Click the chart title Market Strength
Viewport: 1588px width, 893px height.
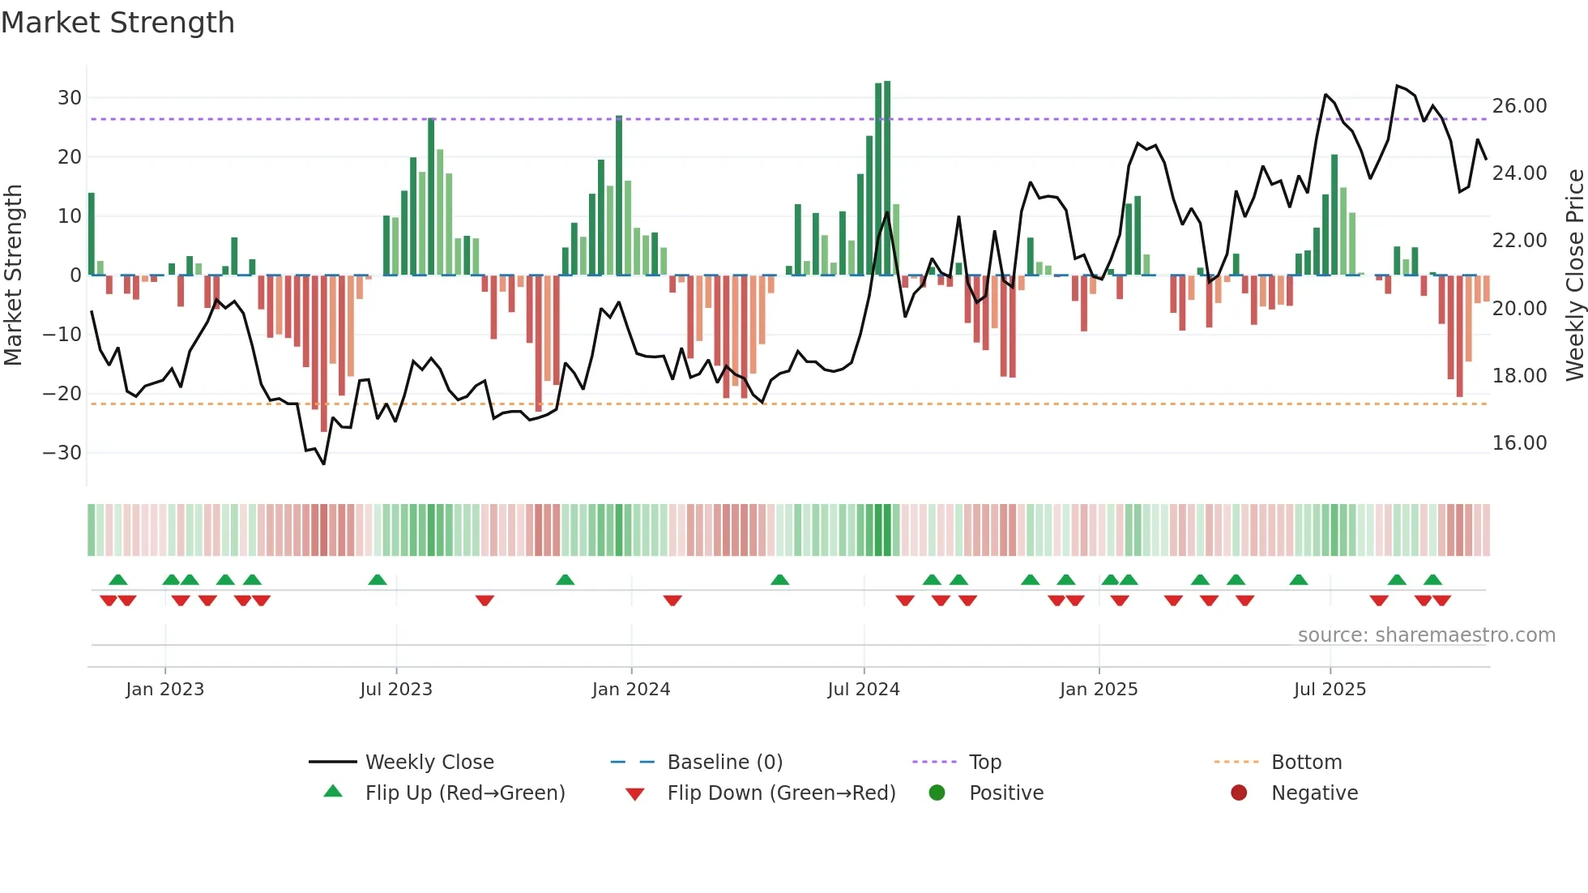click(118, 23)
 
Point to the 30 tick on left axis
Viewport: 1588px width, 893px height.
click(70, 98)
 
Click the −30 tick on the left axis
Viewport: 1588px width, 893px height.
click(62, 453)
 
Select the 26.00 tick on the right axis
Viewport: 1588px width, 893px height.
click(1519, 106)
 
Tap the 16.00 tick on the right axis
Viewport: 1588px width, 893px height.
click(1519, 443)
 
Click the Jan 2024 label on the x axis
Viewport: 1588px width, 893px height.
click(631, 690)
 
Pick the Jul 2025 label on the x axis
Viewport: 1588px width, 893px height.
click(1330, 690)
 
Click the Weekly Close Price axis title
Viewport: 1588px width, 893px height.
click(1574, 275)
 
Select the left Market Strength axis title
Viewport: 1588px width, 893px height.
click(13, 275)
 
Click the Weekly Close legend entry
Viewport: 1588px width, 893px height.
click(429, 763)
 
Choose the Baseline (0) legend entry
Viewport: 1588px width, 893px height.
click(724, 763)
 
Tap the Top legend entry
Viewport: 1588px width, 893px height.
click(985, 763)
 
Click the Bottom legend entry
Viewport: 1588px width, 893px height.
click(1306, 763)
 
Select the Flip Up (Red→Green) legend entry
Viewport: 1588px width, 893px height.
click(464, 793)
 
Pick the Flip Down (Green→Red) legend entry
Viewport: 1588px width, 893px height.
click(781, 793)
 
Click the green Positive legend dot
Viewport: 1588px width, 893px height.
click(937, 793)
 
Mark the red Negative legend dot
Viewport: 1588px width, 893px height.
click(1239, 793)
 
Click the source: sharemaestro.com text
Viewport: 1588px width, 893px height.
click(1426, 635)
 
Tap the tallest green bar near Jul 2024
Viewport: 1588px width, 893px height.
click(887, 178)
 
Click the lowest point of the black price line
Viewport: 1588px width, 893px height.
click(324, 464)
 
